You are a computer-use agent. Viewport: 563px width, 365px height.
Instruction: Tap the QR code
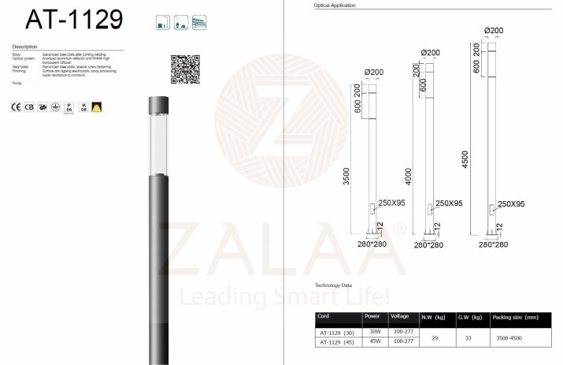click(x=185, y=69)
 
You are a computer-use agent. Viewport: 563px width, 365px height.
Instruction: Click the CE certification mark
click(x=17, y=106)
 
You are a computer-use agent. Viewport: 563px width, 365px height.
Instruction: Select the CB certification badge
click(x=29, y=106)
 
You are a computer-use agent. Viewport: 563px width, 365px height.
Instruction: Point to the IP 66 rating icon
click(x=69, y=106)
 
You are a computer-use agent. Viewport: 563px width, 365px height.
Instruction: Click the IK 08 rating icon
click(x=83, y=106)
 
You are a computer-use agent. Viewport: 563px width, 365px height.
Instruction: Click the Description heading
click(x=26, y=47)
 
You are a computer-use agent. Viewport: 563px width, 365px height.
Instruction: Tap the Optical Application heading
click(x=334, y=6)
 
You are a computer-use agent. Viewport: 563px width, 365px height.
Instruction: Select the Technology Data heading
click(x=333, y=285)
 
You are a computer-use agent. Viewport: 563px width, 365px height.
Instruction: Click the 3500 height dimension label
click(x=346, y=178)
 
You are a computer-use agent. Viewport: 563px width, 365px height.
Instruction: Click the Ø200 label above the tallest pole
click(x=494, y=31)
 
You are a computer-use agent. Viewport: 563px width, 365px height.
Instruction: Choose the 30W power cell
click(x=376, y=332)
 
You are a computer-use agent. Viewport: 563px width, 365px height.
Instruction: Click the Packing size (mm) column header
click(x=516, y=317)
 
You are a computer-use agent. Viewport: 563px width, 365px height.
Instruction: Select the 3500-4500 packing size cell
click(x=508, y=337)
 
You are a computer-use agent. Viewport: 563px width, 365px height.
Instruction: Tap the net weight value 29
click(x=435, y=337)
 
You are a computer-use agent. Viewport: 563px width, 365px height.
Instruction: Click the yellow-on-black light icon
click(x=97, y=106)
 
